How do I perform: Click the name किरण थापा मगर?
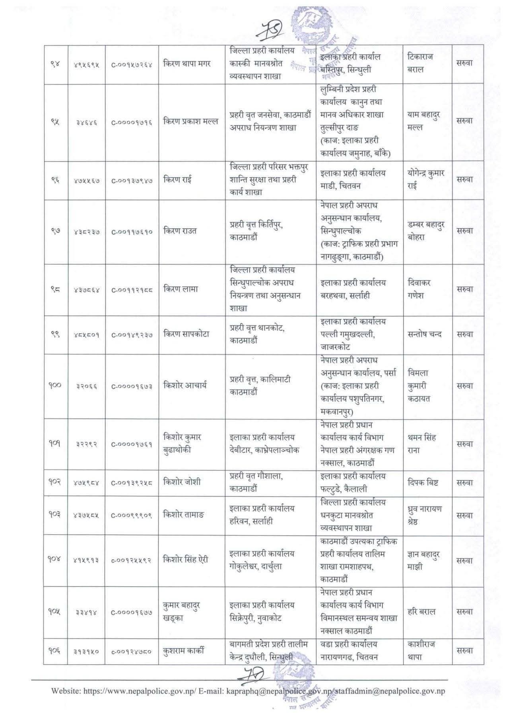[187, 63]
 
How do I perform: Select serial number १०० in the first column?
[56, 385]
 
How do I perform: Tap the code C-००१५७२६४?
[132, 64]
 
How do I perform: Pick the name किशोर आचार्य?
[185, 385]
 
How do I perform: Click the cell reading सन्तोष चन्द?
[425, 334]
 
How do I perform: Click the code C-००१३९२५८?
[132, 483]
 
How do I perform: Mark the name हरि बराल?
[422, 611]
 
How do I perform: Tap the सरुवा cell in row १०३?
[464, 515]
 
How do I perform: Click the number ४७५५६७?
[87, 180]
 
